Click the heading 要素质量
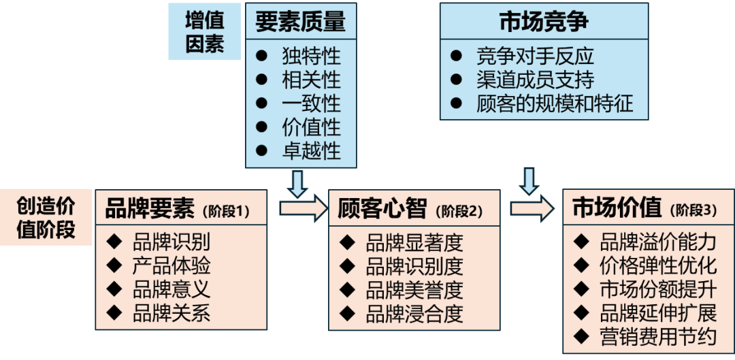(300, 21)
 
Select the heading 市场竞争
(543, 21)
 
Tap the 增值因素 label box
(204, 32)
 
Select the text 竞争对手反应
(535, 56)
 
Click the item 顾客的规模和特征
(555, 103)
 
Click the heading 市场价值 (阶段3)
(644, 208)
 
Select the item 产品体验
(171, 265)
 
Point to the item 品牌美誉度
(414, 291)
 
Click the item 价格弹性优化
(657, 265)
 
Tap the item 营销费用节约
(657, 337)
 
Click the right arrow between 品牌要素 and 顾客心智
(303, 208)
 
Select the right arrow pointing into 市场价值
(532, 208)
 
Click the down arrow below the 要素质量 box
(297, 182)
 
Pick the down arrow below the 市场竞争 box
(529, 180)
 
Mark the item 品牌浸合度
(414, 314)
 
